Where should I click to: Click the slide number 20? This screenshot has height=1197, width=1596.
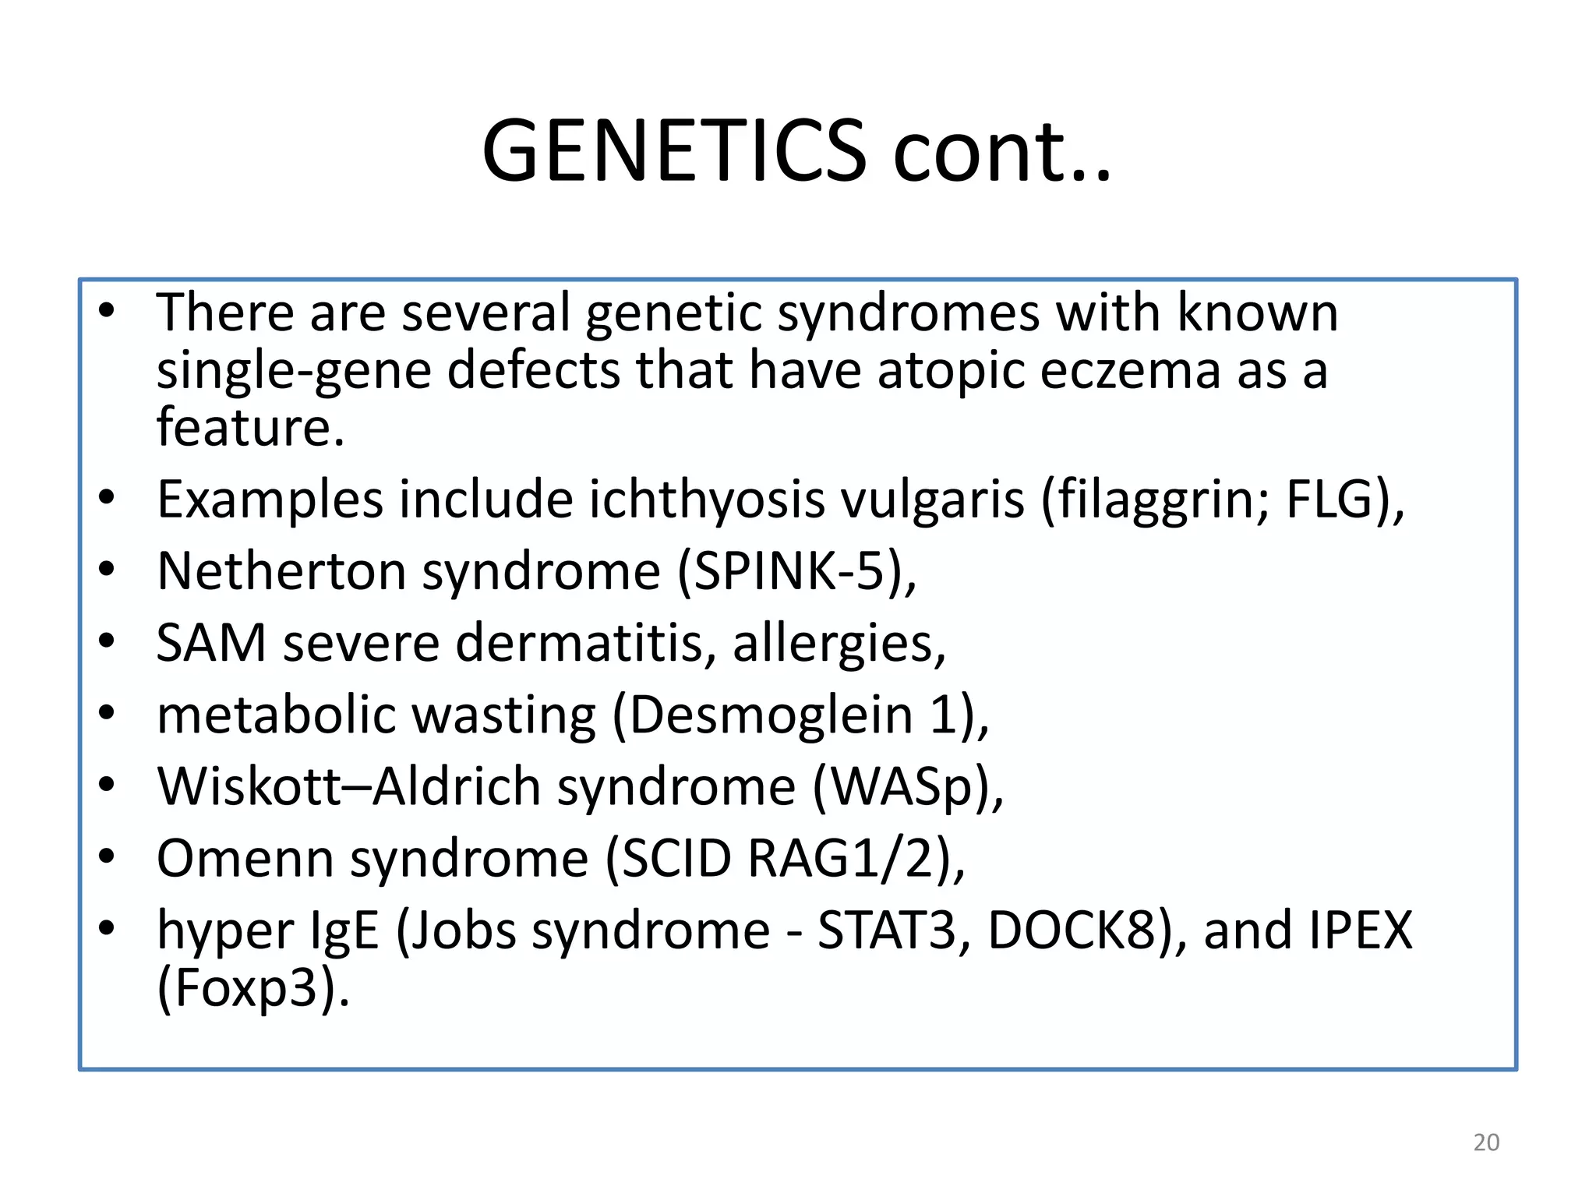[1486, 1142]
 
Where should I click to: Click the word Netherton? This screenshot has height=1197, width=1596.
[281, 571]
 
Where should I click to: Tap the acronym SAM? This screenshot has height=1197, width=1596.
[211, 643]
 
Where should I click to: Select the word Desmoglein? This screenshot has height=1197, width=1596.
[771, 715]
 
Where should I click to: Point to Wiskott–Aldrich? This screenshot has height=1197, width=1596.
[348, 786]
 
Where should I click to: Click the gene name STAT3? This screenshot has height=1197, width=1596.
[886, 930]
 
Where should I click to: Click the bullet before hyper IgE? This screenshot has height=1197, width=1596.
[107, 927]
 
